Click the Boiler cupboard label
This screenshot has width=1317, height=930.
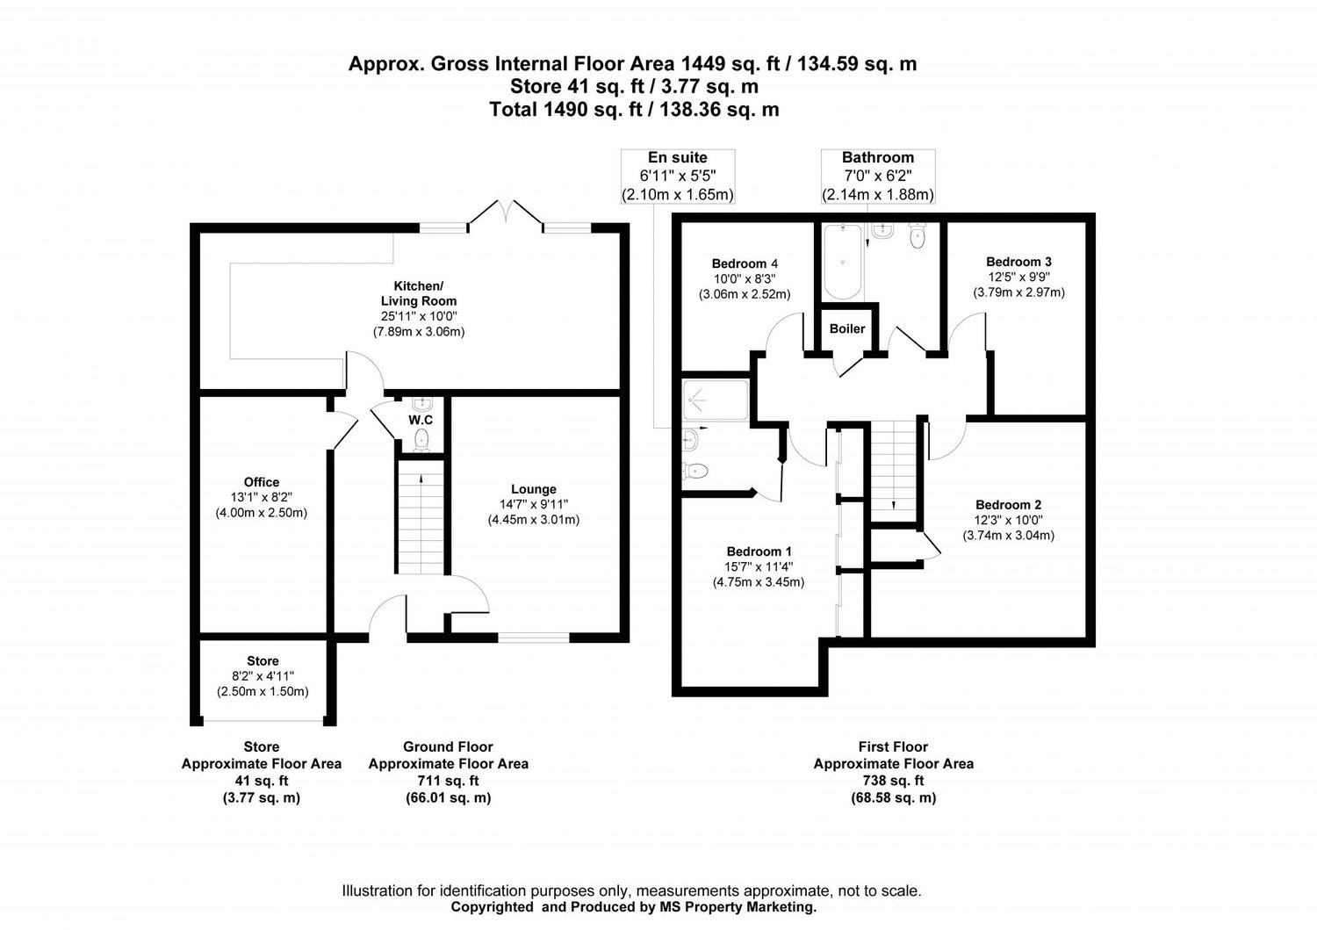(847, 328)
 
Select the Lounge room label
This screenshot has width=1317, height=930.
(534, 489)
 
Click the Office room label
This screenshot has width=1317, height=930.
(262, 481)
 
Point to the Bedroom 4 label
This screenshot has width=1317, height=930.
(745, 263)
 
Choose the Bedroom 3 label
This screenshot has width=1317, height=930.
(1018, 262)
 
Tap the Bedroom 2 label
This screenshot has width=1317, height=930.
(1008, 504)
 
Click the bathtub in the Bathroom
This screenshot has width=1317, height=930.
(842, 261)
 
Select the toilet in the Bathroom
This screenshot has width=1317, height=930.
(918, 236)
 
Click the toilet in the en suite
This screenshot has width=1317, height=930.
(695, 471)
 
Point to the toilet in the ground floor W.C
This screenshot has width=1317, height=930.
(421, 439)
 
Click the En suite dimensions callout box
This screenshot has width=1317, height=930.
(677, 176)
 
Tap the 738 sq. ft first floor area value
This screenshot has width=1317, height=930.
(893, 781)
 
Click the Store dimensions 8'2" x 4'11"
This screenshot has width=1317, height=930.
(263, 676)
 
